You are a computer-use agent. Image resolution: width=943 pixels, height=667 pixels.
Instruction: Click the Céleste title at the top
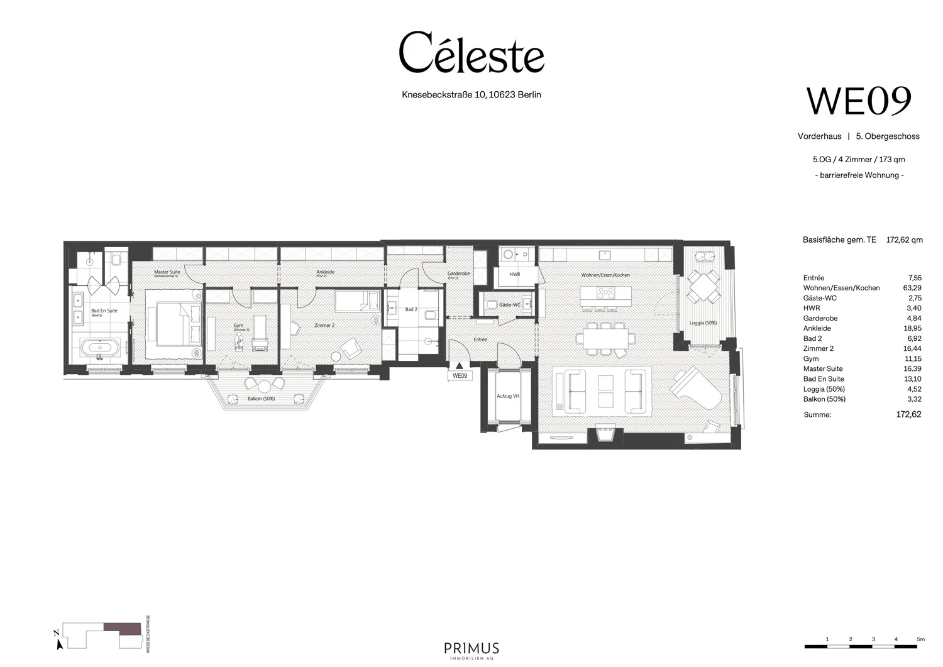point(472,53)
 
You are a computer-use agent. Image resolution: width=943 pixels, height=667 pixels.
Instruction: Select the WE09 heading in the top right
point(859,101)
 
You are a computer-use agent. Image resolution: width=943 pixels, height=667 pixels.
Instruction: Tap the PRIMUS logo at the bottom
point(472,649)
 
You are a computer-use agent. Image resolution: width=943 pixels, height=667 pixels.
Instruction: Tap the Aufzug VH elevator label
point(508,396)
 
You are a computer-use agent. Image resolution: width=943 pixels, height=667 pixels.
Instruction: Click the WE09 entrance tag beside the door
point(460,376)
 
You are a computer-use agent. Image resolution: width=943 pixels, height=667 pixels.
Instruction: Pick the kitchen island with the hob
point(604,294)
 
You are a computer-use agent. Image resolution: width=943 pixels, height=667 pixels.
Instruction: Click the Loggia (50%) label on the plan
point(702,322)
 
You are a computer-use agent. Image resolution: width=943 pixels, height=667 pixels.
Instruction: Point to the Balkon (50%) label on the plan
point(261,399)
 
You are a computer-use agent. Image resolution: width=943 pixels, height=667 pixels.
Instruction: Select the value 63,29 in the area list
point(912,288)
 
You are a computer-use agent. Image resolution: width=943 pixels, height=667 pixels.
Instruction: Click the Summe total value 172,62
point(908,414)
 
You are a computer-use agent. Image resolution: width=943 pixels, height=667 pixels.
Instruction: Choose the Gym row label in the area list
point(811,359)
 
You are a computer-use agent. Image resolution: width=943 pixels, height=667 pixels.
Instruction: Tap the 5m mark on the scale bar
point(920,639)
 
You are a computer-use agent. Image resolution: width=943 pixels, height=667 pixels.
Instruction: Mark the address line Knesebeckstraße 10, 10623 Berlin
point(472,95)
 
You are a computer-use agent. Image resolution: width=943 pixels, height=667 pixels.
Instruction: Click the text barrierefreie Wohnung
point(859,175)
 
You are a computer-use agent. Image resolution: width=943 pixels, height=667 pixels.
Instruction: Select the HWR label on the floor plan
point(514,275)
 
